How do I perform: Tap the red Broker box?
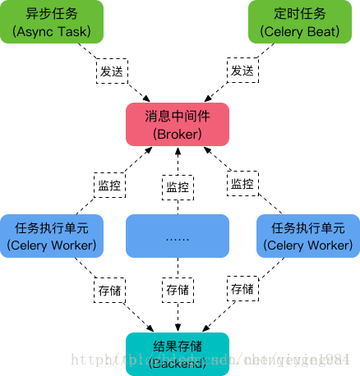(177, 125)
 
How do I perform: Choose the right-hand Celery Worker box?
(307, 236)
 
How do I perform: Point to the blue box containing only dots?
(177, 236)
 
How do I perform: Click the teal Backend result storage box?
(177, 353)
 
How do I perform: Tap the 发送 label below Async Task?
(112, 71)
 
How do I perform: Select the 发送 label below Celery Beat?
(242, 71)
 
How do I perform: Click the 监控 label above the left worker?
(109, 185)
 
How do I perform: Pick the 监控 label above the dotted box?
(178, 186)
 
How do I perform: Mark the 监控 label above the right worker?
(242, 184)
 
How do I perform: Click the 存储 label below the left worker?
(109, 290)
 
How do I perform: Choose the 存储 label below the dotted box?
(178, 290)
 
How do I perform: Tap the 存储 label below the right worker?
(242, 289)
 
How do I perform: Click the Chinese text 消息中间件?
(177, 117)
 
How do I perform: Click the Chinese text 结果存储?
(177, 345)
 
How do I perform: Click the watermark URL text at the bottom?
(214, 360)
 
